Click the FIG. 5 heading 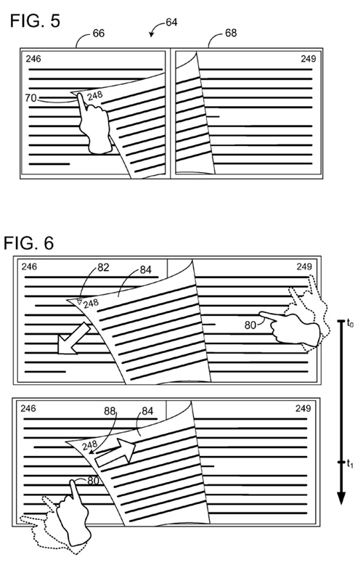tap(35, 21)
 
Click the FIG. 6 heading tap(29, 243)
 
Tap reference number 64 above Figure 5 tap(171, 23)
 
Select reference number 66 tap(98, 33)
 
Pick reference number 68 tap(230, 33)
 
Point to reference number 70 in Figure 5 tap(31, 97)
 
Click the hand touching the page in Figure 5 tap(94, 124)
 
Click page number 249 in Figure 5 tap(309, 59)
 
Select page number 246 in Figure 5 tap(33, 58)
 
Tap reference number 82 tap(103, 267)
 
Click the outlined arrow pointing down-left tap(73, 338)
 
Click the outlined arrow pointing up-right tap(115, 452)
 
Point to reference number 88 tap(110, 411)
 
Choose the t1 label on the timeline tap(350, 464)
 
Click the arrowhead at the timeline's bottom tap(341, 498)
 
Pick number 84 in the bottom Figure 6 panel tap(147, 411)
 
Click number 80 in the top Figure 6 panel tap(250, 325)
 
